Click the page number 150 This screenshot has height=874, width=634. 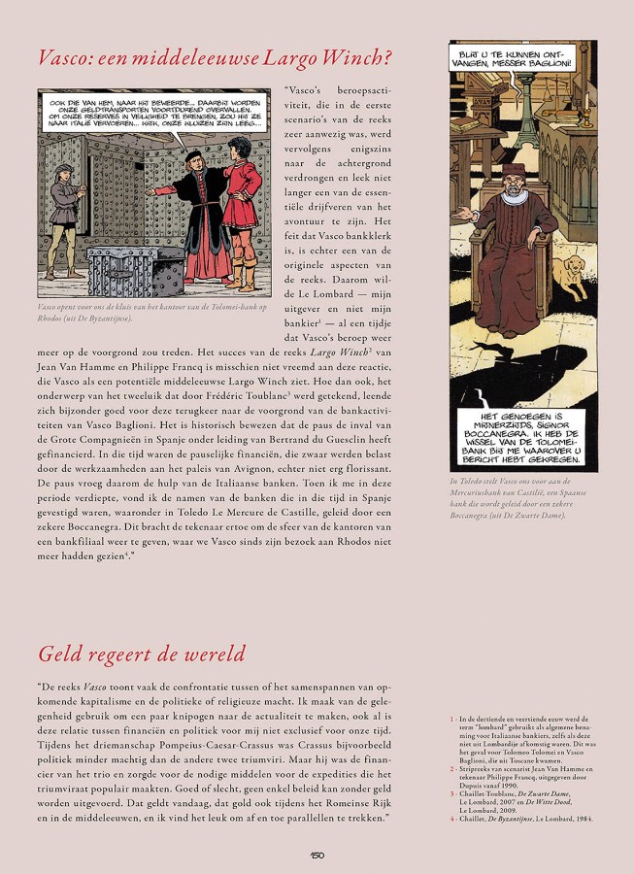tap(317, 855)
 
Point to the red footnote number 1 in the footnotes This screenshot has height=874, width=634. tap(451, 718)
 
